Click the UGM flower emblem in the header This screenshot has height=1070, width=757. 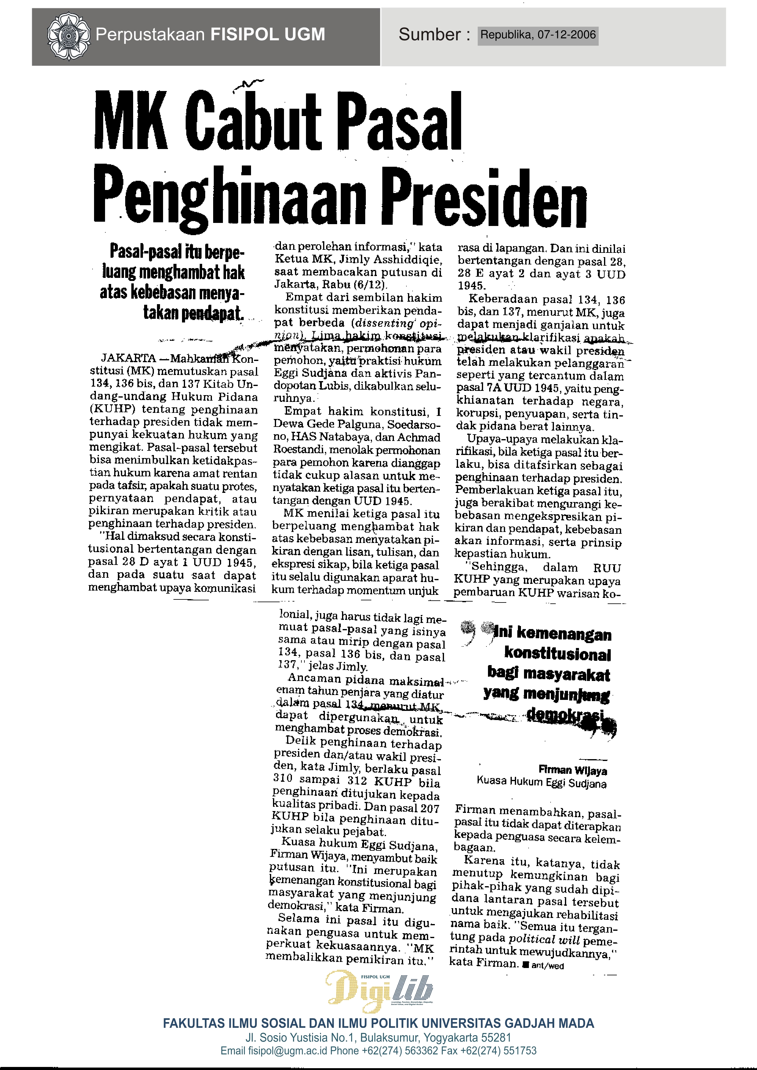tap(68, 35)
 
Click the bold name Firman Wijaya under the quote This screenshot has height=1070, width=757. tap(573, 770)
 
